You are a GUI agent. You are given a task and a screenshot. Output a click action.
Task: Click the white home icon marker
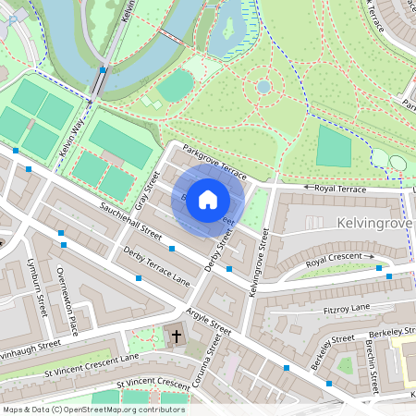tap(208, 200)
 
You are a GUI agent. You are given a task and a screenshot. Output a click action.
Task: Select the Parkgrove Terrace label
tap(214, 161)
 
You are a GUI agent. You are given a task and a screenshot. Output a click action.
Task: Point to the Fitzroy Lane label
tap(347, 307)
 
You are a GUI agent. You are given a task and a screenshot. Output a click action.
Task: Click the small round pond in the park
tap(263, 86)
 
